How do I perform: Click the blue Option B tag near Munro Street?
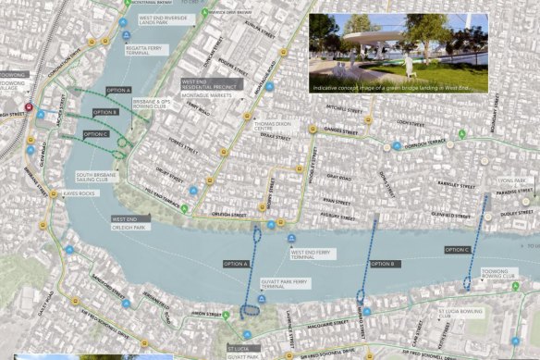coord(383,264)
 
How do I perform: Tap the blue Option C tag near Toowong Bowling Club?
coord(457,249)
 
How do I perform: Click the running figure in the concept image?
coord(406,65)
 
